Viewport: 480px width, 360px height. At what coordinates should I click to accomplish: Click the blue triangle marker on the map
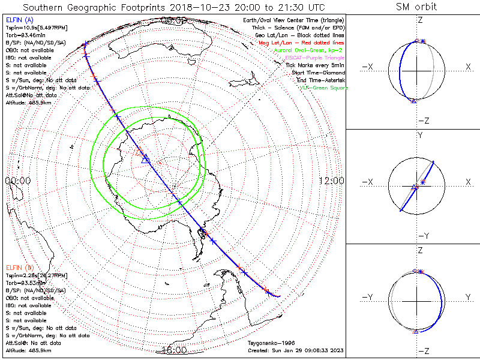pyautogui.click(x=144, y=158)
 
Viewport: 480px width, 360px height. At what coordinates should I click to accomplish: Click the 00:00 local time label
pyautogui.click(x=17, y=181)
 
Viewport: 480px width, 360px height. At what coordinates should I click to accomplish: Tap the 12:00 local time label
pyautogui.click(x=331, y=181)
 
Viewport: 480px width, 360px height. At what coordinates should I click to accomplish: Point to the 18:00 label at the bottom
pyautogui.click(x=174, y=350)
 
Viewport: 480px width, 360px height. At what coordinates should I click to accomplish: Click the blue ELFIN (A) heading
pyautogui.click(x=20, y=20)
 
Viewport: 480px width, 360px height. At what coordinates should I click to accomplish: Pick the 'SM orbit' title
pyautogui.click(x=416, y=7)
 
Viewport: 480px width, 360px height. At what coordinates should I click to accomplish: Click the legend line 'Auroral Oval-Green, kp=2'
pyautogui.click(x=308, y=50)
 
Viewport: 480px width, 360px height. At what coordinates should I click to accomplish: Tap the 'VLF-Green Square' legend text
pyautogui.click(x=324, y=88)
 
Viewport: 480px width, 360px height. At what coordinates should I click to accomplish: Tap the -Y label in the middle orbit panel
pyautogui.click(x=420, y=236)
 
